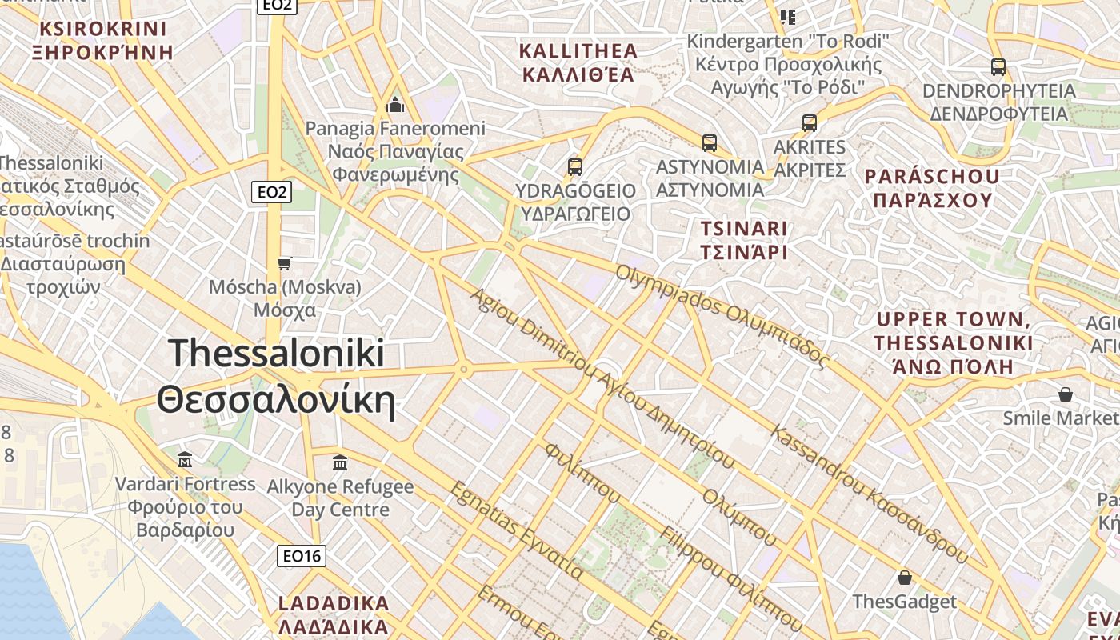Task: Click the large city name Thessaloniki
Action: [x=276, y=353]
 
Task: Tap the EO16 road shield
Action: [x=302, y=555]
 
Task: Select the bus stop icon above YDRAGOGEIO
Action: [x=574, y=167]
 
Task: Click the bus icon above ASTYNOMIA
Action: [x=709, y=143]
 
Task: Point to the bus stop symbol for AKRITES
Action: [x=809, y=123]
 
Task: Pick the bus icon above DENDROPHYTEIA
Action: [x=998, y=66]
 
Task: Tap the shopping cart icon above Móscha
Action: [x=284, y=263]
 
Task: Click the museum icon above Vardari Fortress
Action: [x=185, y=460]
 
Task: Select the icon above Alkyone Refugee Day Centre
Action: [x=340, y=462]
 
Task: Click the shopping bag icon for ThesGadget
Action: [x=904, y=578]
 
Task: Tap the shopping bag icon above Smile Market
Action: [x=1065, y=394]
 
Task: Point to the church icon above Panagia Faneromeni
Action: [x=395, y=105]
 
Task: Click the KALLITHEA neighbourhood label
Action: [x=578, y=51]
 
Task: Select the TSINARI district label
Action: [x=744, y=229]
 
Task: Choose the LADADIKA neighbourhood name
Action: [x=334, y=603]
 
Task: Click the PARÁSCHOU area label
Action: [x=932, y=177]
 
